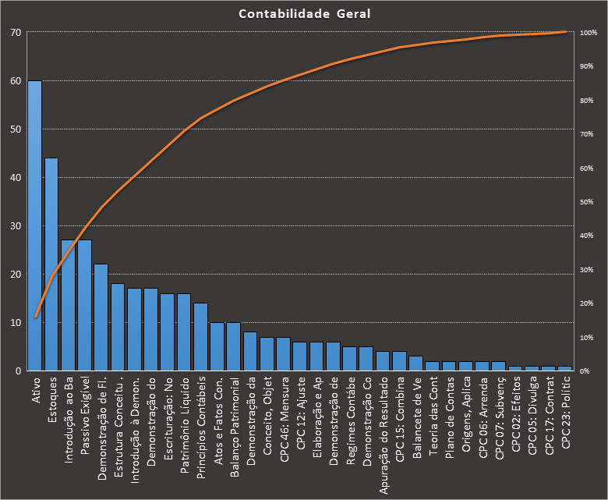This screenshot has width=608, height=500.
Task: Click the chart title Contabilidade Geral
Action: [304, 13]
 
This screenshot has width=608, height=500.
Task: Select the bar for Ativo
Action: [35, 226]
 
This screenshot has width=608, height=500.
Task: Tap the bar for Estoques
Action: [51, 265]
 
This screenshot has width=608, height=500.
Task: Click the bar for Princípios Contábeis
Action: [200, 337]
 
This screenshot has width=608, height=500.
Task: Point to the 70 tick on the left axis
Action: [16, 33]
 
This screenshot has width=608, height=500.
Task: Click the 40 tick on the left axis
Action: [16, 178]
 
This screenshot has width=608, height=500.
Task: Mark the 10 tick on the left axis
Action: [16, 323]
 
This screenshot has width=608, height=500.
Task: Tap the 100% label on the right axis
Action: [588, 33]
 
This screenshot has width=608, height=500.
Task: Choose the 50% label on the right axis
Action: [586, 202]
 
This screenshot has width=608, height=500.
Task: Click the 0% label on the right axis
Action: [585, 371]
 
